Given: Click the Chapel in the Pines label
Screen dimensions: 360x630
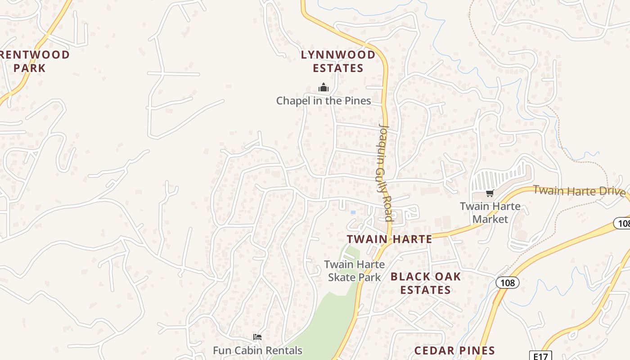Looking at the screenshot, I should click(x=324, y=101).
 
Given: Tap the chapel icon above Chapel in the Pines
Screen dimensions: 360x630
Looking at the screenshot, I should click(x=323, y=87).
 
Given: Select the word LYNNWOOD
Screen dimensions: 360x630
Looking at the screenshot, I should click(x=338, y=55).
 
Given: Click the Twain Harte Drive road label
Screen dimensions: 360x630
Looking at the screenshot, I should click(x=579, y=191).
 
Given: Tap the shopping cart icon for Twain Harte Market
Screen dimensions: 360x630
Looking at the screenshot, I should click(x=490, y=193).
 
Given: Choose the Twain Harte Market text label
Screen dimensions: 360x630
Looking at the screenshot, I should click(x=490, y=213).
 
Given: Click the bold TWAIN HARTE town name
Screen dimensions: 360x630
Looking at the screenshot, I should click(x=389, y=239).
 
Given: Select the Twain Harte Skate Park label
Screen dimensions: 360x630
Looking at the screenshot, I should click(x=354, y=271).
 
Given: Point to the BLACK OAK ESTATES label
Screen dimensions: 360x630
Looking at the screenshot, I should click(x=426, y=283).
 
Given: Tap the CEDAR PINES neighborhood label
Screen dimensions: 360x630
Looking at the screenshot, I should click(x=454, y=351).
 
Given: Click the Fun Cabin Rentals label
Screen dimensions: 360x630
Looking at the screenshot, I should click(x=257, y=351).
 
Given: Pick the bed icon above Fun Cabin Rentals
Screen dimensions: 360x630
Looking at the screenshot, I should click(x=257, y=337).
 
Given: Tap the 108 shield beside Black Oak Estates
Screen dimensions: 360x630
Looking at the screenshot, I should click(x=508, y=283).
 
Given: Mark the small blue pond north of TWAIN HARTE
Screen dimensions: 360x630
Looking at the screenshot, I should click(x=353, y=212).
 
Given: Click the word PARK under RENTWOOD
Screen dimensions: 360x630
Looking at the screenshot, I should click(x=30, y=68).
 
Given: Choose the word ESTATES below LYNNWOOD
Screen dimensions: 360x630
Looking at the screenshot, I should click(x=338, y=68).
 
